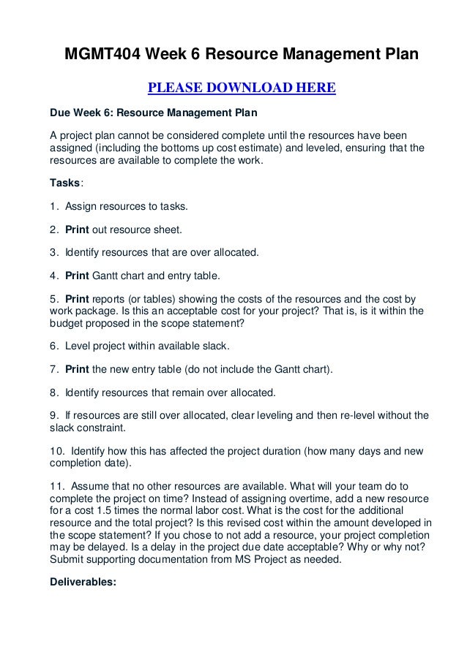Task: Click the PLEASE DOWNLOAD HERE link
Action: [242, 89]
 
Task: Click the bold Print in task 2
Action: [77, 230]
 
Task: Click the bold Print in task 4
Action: [77, 276]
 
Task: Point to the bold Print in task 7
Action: [77, 371]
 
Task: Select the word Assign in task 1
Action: [80, 207]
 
